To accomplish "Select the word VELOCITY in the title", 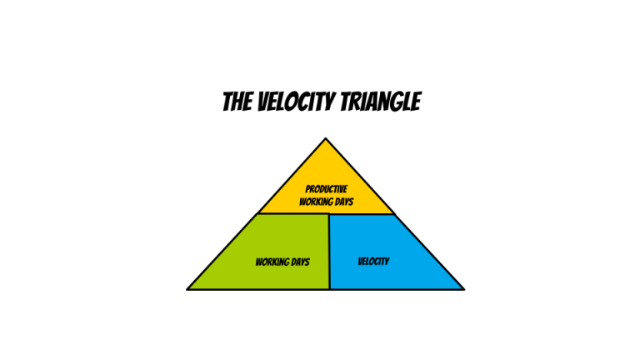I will tap(292, 102).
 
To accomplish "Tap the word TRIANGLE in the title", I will tap(380, 102).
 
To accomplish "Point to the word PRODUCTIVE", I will tap(326, 189).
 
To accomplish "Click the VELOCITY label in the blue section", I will tap(373, 262).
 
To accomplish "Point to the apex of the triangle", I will tap(326, 139).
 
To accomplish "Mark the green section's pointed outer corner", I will tap(189, 288).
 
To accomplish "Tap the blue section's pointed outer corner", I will tap(462, 288).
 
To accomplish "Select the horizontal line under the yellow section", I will tap(292, 214).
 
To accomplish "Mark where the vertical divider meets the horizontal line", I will tap(329, 214).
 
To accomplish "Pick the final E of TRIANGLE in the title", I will tap(415, 102).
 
